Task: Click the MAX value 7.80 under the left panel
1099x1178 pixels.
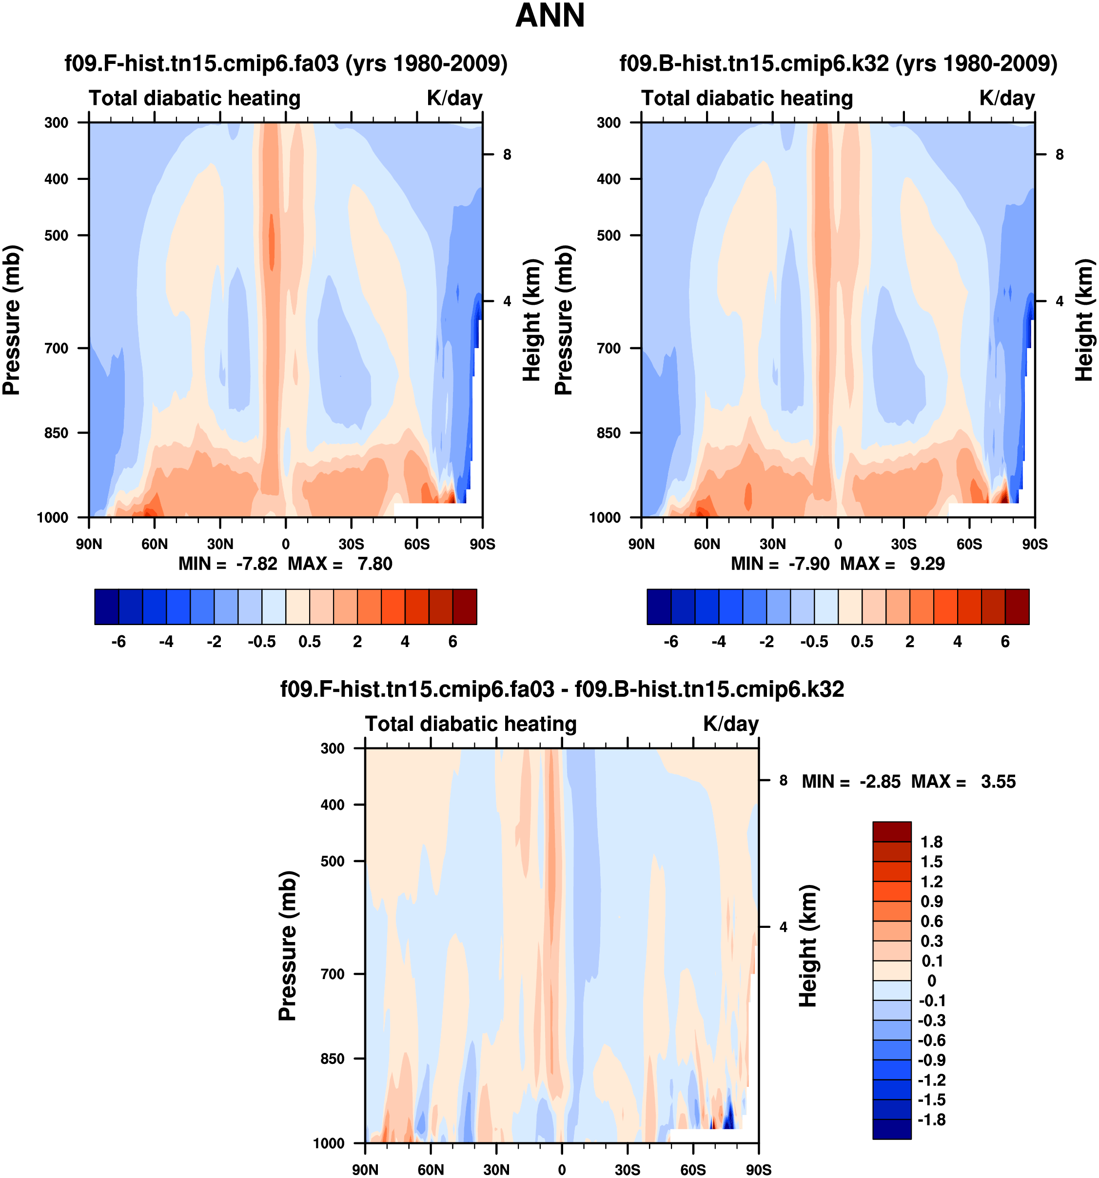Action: coord(374,564)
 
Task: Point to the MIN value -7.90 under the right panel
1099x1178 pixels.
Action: coord(809,564)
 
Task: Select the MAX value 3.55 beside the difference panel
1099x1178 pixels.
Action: coord(998,782)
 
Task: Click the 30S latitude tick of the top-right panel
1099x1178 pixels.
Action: coord(903,544)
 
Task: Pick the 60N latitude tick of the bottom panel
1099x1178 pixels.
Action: coord(431,1170)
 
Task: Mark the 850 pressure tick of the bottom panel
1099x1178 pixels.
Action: coord(333,1059)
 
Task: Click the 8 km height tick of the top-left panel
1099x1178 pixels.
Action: coord(507,155)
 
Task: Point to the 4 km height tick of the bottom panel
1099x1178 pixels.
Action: coord(783,927)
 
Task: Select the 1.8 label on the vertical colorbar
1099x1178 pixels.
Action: coord(931,842)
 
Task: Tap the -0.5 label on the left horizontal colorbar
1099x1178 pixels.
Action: coord(262,642)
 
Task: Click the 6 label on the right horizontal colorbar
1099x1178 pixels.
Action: coord(1005,642)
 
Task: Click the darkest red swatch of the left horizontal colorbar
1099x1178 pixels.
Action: coord(465,607)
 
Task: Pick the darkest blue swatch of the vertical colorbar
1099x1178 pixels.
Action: coord(892,1129)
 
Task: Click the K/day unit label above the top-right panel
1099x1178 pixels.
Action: coord(1006,98)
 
